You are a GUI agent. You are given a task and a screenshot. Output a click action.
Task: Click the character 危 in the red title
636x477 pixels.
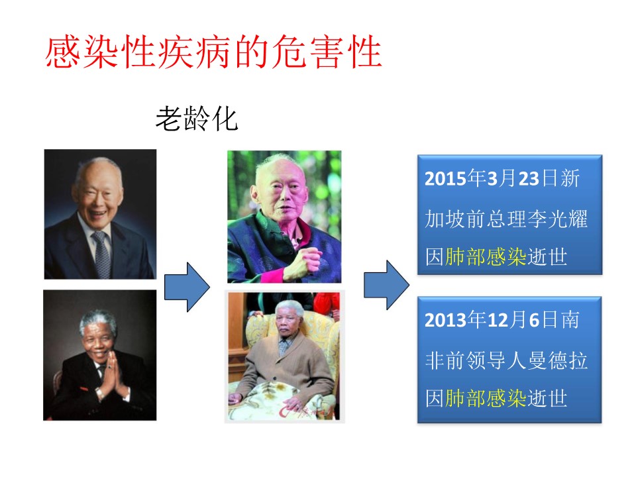(290, 52)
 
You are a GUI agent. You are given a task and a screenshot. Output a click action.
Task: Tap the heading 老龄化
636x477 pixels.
(197, 119)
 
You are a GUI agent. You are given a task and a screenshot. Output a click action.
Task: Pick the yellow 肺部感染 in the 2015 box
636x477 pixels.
(486, 257)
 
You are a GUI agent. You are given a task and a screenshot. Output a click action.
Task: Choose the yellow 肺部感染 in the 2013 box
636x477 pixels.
(486, 398)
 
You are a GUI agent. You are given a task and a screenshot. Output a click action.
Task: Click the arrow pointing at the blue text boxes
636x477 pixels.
(386, 285)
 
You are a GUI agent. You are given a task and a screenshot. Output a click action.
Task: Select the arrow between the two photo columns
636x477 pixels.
(187, 287)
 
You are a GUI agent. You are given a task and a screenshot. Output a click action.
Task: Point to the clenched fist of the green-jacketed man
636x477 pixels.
(305, 260)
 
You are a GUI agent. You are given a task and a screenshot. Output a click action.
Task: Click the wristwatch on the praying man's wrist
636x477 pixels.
(100, 392)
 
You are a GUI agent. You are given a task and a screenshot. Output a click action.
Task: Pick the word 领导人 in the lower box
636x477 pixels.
(496, 360)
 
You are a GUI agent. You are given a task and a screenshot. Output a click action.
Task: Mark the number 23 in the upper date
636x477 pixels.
(529, 178)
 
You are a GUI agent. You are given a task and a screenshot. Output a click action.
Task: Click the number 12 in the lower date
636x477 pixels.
(498, 320)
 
